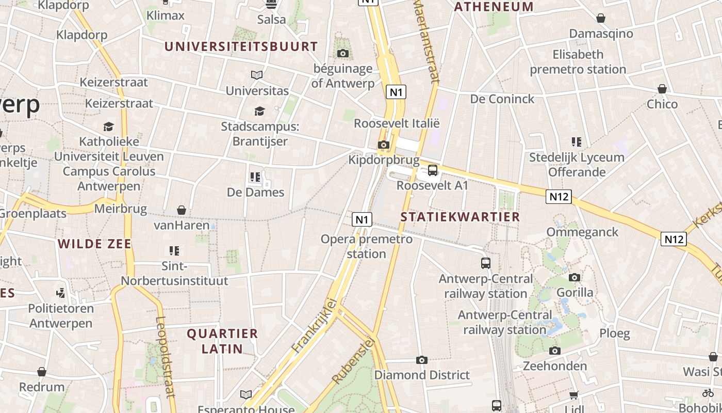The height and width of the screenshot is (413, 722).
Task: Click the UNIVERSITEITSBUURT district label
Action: pos(241,46)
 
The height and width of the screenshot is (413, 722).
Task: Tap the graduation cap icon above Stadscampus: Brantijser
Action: pos(259,111)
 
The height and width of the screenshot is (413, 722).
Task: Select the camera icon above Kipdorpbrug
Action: pos(383,145)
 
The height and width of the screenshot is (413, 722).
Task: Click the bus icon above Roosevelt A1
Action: pos(433,170)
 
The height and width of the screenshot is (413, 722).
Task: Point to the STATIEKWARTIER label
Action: pos(461,217)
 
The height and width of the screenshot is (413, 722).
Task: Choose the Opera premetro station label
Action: pos(367,246)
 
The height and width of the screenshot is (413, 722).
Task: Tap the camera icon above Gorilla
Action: pos(575,277)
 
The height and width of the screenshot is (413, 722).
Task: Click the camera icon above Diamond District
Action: pos(422,360)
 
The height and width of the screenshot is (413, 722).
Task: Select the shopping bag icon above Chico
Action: pos(662,89)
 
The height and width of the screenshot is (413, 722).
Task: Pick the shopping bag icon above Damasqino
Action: pos(601,18)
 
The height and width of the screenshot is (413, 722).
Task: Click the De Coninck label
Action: pos(502,99)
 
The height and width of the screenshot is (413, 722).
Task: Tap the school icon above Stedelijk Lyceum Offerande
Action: pos(577,141)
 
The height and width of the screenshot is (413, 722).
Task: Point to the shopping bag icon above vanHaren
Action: pos(182,210)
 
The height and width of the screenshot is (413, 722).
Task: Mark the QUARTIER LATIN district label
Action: pos(222,341)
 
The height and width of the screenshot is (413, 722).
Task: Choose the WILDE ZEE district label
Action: pos(95,244)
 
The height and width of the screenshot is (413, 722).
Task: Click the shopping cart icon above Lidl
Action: pos(574,395)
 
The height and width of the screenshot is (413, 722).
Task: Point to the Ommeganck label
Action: pos(582,232)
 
